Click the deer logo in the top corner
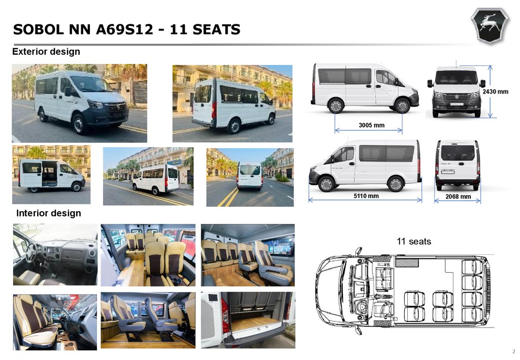pyautogui.click(x=490, y=26)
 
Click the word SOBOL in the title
pyautogui.click(x=38, y=29)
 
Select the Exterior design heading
pyautogui.click(x=46, y=52)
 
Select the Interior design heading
pyautogui.click(x=49, y=213)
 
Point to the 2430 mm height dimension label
pyautogui.click(x=495, y=92)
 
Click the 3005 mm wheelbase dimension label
pyautogui.click(x=371, y=125)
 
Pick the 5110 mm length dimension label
pyautogui.click(x=366, y=196)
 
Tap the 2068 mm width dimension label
pyautogui.click(x=458, y=197)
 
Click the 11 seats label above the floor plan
pyautogui.click(x=414, y=241)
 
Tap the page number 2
pyautogui.click(x=514, y=351)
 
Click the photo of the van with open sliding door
pyautogui.click(x=51, y=175)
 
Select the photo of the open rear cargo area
pyautogui.click(x=248, y=320)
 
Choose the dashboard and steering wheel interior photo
pyautogui.click(x=55, y=254)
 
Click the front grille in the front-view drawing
pyautogui.click(x=457, y=99)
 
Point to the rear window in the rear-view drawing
pyautogui.click(x=458, y=152)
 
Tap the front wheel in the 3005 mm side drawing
pyautogui.click(x=402, y=106)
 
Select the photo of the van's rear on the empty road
pyautogui.click(x=250, y=177)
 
